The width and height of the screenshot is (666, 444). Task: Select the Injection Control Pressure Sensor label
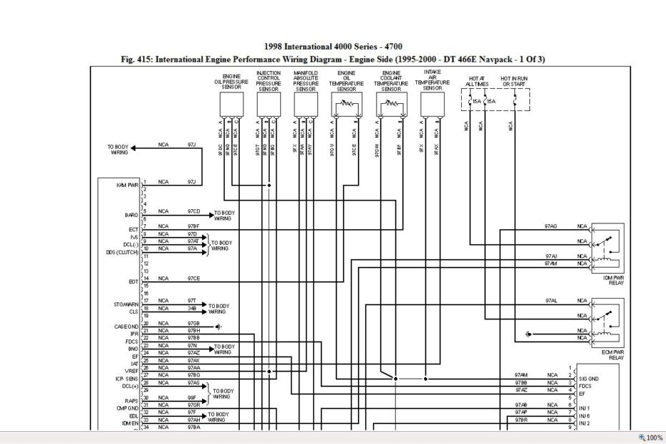pyautogui.click(x=269, y=81)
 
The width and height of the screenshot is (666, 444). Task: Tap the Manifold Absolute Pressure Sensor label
pyautogui.click(x=307, y=81)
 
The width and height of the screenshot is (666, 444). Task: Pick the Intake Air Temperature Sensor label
pyautogui.click(x=433, y=80)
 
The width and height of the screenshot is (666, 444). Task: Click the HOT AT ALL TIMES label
pyautogui.click(x=476, y=81)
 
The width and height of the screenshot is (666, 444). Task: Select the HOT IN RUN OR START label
pyautogui.click(x=513, y=81)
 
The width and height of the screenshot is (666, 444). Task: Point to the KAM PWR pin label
pyautogui.click(x=127, y=184)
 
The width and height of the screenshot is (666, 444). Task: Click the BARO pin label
pyautogui.click(x=131, y=214)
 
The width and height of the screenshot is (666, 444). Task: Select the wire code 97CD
pyautogui.click(x=193, y=211)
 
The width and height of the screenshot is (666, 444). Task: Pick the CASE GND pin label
pyautogui.click(x=126, y=326)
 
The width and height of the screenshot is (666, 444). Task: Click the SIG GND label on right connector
pyautogui.click(x=589, y=377)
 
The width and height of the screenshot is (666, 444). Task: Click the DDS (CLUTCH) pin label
pyautogui.click(x=121, y=251)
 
